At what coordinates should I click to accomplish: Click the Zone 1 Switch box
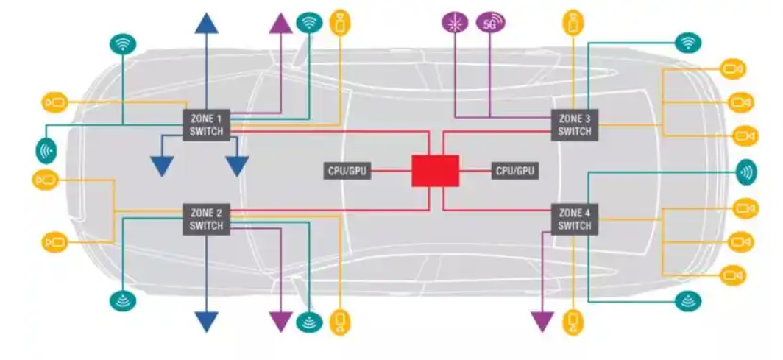[x=206, y=124]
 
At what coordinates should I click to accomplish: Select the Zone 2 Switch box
[x=206, y=220]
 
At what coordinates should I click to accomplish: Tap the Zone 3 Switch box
[x=575, y=124]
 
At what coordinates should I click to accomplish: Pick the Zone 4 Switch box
[x=575, y=220]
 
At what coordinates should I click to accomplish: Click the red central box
[x=435, y=172]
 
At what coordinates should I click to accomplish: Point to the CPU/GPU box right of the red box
[x=516, y=172]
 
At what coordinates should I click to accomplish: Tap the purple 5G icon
[x=491, y=23]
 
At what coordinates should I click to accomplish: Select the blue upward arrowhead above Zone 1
[x=206, y=23]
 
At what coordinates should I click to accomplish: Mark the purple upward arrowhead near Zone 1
[x=280, y=23]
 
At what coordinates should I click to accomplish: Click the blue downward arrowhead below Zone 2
[x=206, y=322]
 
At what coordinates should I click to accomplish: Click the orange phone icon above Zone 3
[x=575, y=21]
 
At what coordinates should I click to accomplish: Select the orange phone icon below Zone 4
[x=575, y=322]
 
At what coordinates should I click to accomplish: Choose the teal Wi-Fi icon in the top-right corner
[x=688, y=43]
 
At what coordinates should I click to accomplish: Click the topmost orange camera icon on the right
[x=733, y=69]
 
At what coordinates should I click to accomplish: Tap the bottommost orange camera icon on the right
[x=733, y=275]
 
